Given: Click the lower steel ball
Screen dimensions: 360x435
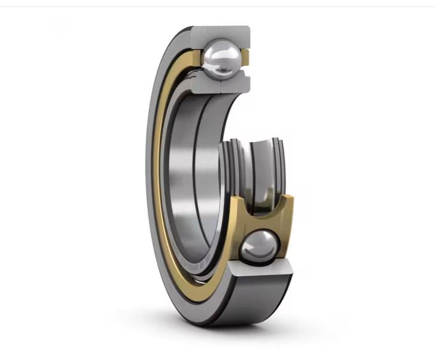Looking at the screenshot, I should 259,247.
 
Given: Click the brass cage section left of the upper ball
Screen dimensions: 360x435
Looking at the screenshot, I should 196,59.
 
